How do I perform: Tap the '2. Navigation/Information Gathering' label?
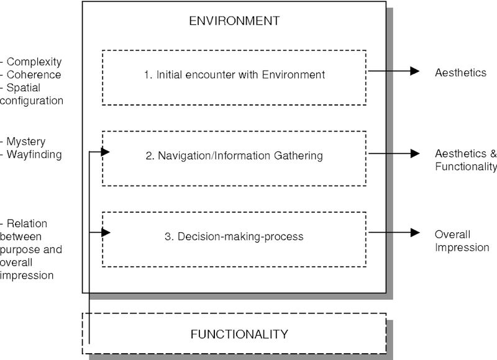(x=234, y=156)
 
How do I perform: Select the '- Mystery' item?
(x=24, y=142)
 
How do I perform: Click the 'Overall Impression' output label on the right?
(x=462, y=241)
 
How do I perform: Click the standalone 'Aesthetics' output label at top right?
(x=460, y=73)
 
